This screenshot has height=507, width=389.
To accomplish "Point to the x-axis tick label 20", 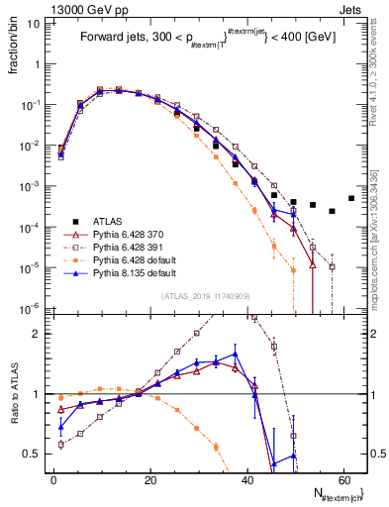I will pyautogui.click(x=150, y=480).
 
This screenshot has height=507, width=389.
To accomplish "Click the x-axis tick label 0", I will pyautogui.click(x=54, y=480).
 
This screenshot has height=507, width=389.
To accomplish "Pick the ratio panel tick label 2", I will pyautogui.click(x=40, y=334).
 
